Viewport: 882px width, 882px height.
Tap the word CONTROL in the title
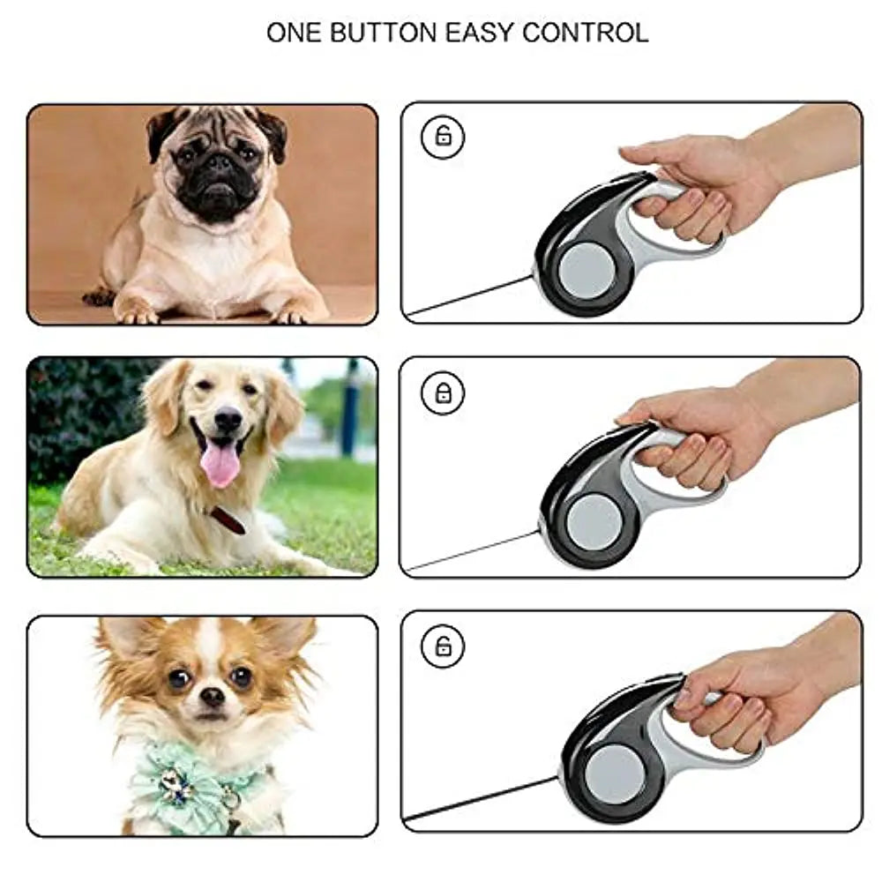click(x=585, y=33)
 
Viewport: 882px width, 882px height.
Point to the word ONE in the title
click(x=293, y=33)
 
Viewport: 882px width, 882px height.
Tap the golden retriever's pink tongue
click(x=220, y=464)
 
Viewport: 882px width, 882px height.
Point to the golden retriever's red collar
click(x=228, y=520)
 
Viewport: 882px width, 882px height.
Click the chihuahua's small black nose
click(x=212, y=695)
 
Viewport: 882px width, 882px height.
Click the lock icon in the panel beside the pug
click(x=443, y=136)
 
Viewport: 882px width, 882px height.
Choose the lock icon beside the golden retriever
click(x=443, y=392)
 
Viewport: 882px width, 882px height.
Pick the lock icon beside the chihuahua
click(x=443, y=646)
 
